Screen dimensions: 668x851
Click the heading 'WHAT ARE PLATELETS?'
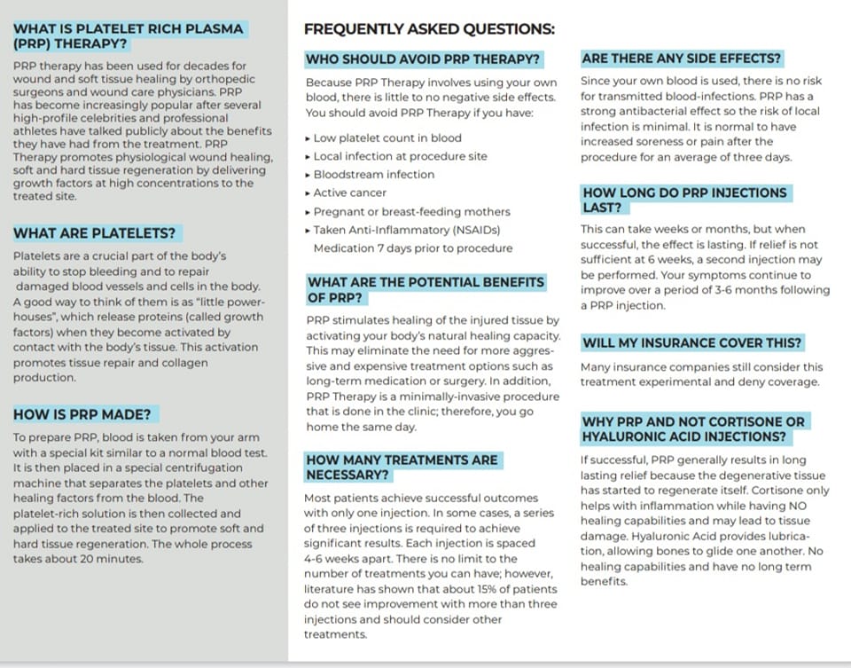click(x=97, y=233)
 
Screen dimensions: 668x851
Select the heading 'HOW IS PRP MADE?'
click(x=85, y=413)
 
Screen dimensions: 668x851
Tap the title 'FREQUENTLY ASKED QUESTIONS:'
click(x=429, y=28)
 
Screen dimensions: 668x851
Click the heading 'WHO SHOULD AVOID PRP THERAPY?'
click(x=423, y=59)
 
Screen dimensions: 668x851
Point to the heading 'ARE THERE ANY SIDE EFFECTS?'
click(x=682, y=59)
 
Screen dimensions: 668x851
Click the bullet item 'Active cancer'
click(x=350, y=193)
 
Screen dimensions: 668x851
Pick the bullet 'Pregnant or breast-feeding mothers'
click(x=411, y=211)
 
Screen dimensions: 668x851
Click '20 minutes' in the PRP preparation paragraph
click(x=116, y=559)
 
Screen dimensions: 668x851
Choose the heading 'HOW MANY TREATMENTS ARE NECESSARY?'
click(x=401, y=467)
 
